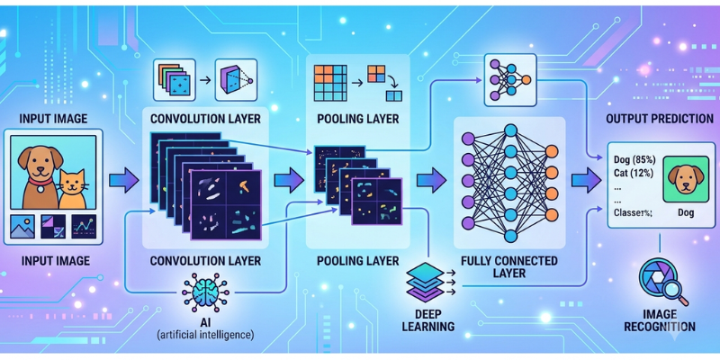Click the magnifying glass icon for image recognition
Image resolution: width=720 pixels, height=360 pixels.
click(663, 283)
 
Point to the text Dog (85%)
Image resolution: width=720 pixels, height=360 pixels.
click(634, 160)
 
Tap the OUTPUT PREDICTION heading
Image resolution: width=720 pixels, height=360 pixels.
click(660, 119)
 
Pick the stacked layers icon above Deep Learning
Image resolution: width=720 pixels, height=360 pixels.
click(426, 282)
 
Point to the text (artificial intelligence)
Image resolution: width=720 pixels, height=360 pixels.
click(205, 334)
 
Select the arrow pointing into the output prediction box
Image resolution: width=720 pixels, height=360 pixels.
click(587, 179)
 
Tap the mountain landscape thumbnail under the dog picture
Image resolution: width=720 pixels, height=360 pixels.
click(22, 227)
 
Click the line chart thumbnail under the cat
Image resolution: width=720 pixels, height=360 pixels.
click(84, 227)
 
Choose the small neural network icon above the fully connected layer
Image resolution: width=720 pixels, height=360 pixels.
click(510, 80)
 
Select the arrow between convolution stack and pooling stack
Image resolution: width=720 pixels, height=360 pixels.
click(289, 179)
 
